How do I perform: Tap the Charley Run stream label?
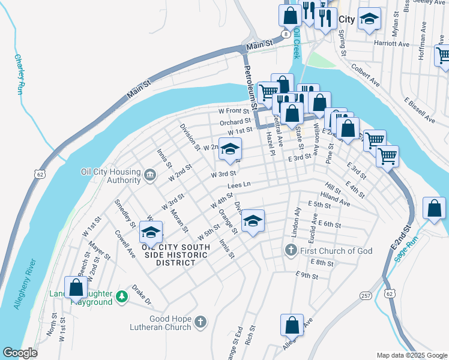click(19, 74)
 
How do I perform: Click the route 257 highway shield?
click(365, 296)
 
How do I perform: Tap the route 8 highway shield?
click(287, 35)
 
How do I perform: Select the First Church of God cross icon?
click(291, 250)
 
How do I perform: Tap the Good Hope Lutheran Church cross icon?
click(200, 323)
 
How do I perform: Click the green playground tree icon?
click(122, 296)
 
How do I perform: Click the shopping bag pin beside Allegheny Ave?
click(292, 325)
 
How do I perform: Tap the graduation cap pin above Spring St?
click(369, 18)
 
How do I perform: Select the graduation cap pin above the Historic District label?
click(151, 232)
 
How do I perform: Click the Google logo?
click(19, 353)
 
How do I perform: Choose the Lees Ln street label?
click(238, 185)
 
